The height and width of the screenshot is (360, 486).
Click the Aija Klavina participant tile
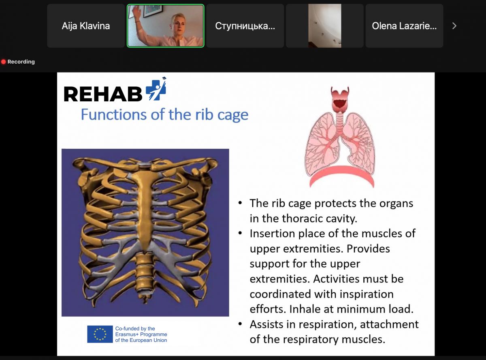tap(86, 26)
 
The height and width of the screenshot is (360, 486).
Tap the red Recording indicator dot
tap(4, 62)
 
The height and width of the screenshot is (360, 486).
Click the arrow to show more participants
tap(454, 26)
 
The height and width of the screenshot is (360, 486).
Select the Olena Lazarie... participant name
tap(404, 26)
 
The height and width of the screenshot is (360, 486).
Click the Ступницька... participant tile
tap(245, 26)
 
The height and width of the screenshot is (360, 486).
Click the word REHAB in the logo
tap(103, 94)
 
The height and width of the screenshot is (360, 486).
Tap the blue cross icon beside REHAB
tap(156, 90)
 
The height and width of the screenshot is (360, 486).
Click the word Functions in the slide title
tap(114, 114)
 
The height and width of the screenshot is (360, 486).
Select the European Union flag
tap(100, 334)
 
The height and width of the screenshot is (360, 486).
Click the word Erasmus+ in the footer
tap(126, 334)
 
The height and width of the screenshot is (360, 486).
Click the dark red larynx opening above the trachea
tap(340, 103)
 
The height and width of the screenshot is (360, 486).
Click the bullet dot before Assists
tap(240, 324)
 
